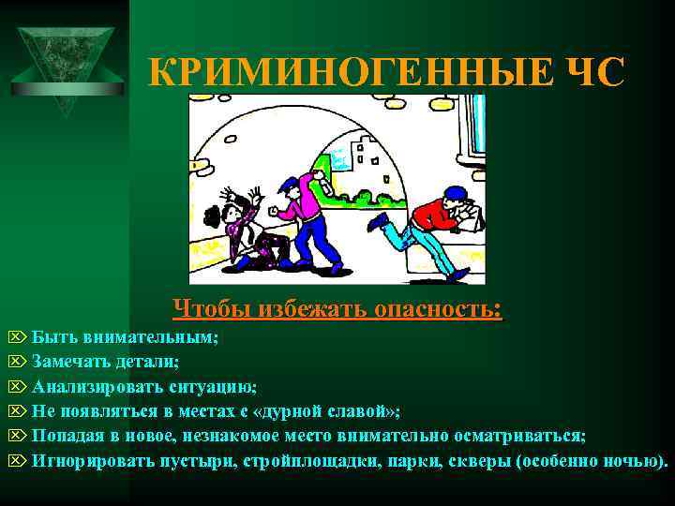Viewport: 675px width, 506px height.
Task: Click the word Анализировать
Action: [89, 386]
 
